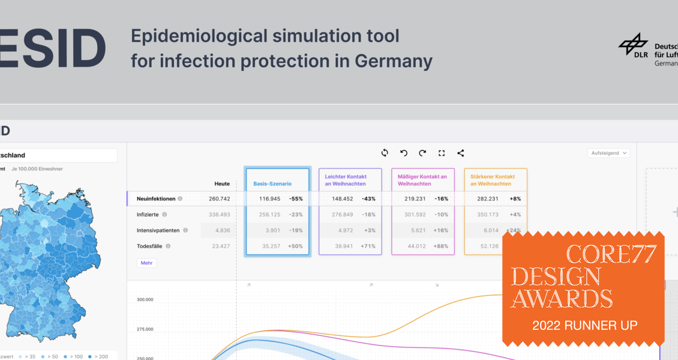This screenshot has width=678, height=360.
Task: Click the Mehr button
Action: [x=146, y=263]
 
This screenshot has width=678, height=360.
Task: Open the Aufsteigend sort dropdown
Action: [x=608, y=153]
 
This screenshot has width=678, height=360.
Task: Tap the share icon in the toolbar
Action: [x=461, y=153]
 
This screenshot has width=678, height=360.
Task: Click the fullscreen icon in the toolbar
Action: [x=442, y=153]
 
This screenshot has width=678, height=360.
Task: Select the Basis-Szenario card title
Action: [x=272, y=184]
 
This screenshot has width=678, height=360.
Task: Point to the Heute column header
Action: [x=222, y=184]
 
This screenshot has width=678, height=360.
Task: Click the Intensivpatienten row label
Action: [x=158, y=230]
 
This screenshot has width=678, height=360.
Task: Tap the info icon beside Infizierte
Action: [x=164, y=214]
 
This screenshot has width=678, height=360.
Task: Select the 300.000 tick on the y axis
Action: [x=145, y=299]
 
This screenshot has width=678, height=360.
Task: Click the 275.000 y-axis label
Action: [x=145, y=329]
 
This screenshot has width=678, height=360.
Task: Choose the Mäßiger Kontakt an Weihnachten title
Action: [x=422, y=180]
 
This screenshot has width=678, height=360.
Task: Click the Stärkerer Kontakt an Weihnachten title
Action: [x=493, y=180]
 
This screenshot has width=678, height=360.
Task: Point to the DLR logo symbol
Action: [x=633, y=44]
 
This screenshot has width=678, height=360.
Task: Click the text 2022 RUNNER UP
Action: [x=584, y=326]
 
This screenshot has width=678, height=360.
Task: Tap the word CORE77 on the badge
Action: [x=611, y=254]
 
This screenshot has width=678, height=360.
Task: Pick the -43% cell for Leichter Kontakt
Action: [x=368, y=199]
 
